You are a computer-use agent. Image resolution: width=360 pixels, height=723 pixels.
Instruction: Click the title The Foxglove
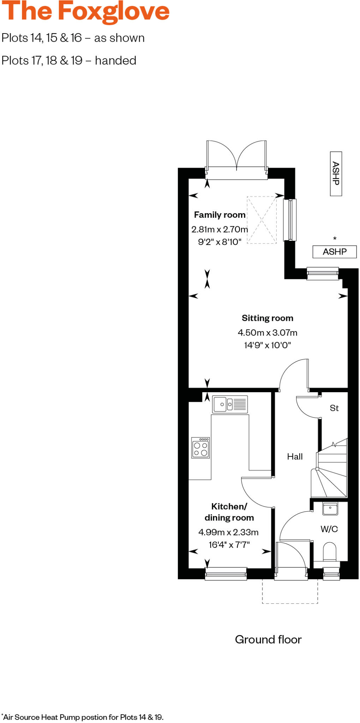[85, 11]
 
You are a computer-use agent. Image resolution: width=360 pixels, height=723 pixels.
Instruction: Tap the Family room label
[220, 215]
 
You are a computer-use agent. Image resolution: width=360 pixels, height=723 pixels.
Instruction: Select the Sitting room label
[267, 318]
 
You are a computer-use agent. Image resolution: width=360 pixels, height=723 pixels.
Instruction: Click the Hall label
[295, 456]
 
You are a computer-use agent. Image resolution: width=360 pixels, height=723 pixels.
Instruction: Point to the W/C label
[329, 529]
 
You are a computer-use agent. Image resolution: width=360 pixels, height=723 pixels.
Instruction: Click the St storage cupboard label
[334, 408]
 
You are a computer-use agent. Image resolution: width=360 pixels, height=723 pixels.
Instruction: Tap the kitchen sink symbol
[230, 404]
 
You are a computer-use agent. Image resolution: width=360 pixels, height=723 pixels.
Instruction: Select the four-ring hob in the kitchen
[200, 448]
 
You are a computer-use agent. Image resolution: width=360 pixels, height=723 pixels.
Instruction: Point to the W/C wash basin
[330, 508]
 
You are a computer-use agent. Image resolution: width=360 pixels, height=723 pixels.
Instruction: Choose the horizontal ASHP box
[335, 252]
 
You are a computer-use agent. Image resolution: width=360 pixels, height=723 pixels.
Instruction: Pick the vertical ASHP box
[336, 173]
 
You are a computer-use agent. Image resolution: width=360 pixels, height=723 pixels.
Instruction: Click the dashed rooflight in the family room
[262, 220]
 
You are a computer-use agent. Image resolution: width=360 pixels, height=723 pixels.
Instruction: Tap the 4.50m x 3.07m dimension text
[267, 333]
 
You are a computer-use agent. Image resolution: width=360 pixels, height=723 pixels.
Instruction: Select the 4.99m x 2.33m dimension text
[228, 532]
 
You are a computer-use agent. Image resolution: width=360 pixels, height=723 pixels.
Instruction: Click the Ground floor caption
[268, 639]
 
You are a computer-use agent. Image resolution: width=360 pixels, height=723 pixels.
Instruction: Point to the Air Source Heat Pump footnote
[83, 717]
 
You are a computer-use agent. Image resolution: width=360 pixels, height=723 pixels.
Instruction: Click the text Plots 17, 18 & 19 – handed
[69, 61]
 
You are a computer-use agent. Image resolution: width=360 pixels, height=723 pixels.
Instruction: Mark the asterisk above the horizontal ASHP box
[335, 239]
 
